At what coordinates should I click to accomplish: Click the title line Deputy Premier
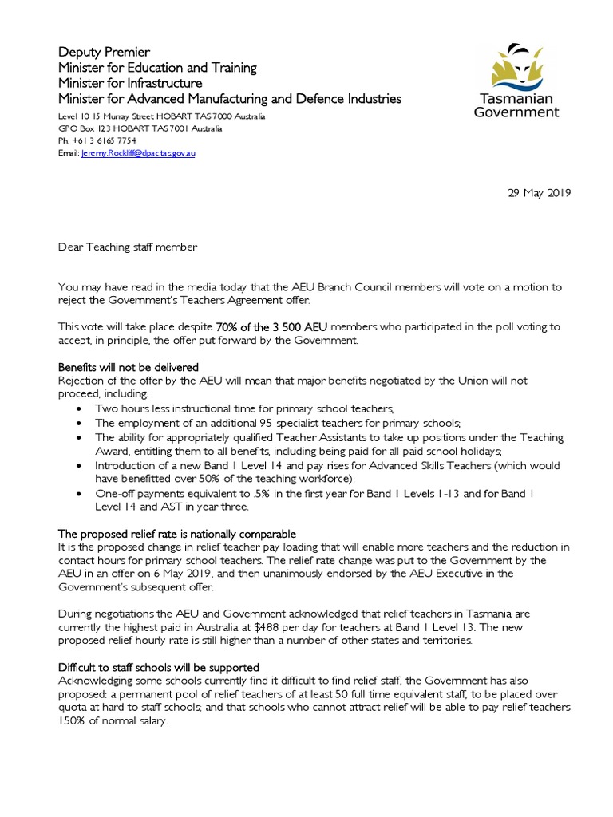point(104,52)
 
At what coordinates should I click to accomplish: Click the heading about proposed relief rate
point(176,533)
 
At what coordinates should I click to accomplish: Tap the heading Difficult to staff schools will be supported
point(158,666)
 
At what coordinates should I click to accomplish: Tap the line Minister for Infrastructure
point(130,84)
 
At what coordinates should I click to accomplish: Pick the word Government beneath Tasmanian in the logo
point(516,112)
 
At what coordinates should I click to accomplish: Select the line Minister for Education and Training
point(157,68)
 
